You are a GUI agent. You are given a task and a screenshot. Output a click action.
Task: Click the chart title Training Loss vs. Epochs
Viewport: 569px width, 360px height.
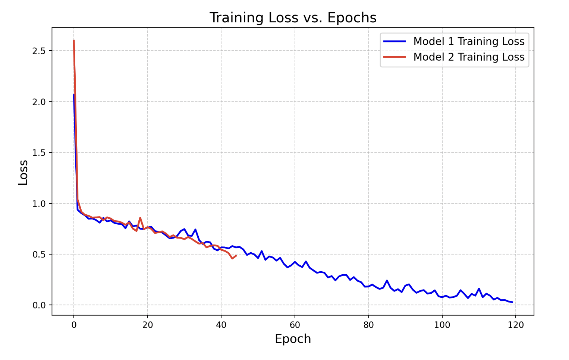point(293,18)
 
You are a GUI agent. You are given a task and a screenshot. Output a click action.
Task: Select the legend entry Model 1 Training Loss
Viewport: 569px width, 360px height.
point(469,41)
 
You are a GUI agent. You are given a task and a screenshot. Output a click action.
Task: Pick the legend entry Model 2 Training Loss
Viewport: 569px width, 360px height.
point(469,57)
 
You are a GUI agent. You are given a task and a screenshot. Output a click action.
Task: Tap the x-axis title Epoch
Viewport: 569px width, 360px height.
point(293,339)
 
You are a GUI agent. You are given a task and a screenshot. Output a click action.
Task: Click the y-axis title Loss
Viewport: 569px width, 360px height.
point(23,172)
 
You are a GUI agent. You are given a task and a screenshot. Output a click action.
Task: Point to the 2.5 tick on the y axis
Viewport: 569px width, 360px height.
point(39,51)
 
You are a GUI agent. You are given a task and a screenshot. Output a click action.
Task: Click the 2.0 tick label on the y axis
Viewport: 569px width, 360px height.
point(39,102)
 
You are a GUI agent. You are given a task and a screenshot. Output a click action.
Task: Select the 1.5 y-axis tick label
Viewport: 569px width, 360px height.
point(39,153)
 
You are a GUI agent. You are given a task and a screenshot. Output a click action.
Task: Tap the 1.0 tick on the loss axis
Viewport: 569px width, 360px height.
point(39,203)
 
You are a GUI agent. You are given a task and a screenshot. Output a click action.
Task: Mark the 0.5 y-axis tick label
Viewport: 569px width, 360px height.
point(39,255)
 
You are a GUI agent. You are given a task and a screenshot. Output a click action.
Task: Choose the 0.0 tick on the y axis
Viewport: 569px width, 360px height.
point(39,305)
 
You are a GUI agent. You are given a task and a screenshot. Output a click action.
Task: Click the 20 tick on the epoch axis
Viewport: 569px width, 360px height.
point(147,325)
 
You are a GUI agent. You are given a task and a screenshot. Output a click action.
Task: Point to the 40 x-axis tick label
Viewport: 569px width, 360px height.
point(221,325)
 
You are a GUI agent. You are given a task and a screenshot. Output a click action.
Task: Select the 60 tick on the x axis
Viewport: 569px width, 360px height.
point(295,325)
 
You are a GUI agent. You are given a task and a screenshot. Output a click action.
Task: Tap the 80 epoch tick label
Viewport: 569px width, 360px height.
point(368,325)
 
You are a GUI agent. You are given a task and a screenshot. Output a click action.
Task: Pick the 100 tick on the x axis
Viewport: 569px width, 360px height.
point(442,325)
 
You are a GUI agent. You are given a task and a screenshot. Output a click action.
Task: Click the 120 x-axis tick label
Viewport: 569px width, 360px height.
point(516,325)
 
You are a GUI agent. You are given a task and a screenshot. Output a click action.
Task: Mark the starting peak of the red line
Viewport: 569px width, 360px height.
point(74,40)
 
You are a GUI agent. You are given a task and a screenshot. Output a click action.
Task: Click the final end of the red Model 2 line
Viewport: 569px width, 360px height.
point(236,255)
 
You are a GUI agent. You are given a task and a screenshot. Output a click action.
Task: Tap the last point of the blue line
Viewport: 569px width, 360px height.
point(512,302)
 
